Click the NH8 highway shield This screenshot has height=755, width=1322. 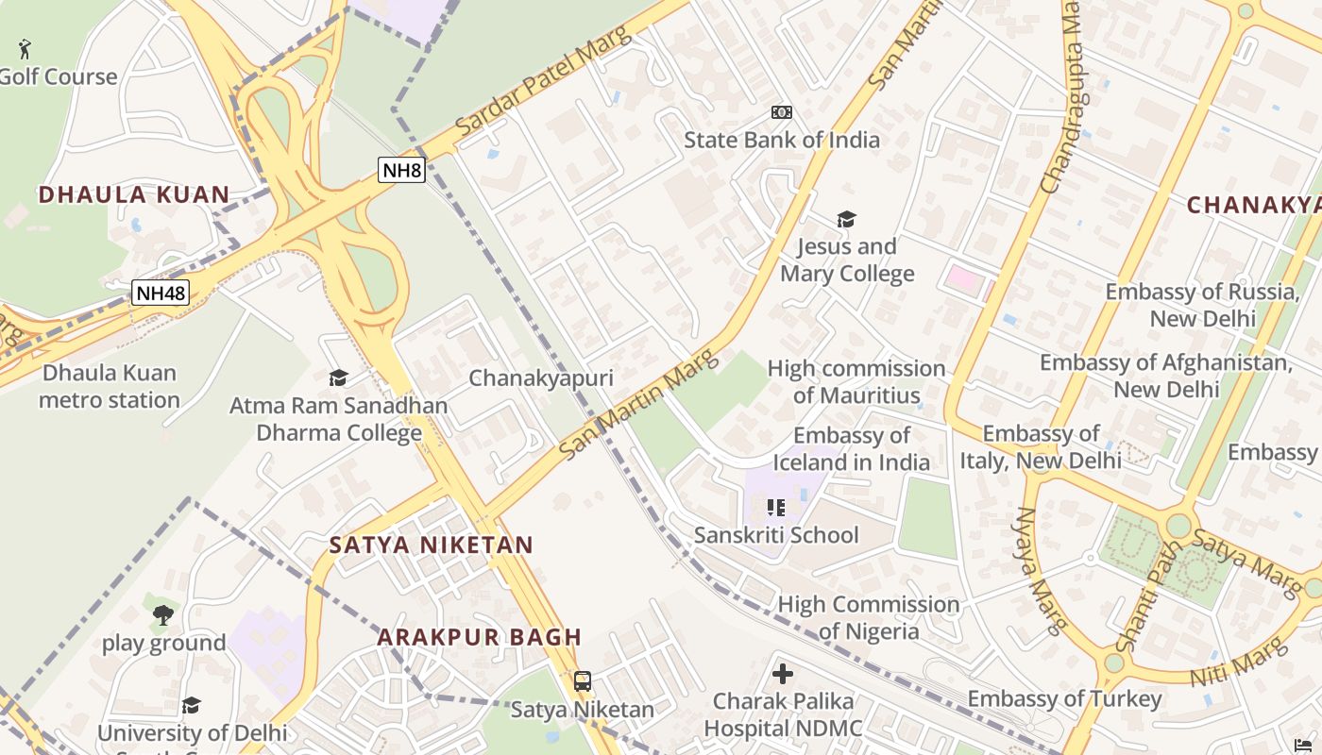click(401, 170)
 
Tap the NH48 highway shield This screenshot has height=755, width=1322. click(160, 293)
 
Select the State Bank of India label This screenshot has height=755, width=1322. click(781, 140)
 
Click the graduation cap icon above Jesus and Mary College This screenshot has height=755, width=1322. click(846, 220)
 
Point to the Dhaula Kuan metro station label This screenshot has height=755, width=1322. click(109, 386)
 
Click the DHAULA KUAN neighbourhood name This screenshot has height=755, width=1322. click(134, 195)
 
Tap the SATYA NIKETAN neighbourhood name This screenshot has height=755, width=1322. click(432, 545)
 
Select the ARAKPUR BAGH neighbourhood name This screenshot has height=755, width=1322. click(480, 637)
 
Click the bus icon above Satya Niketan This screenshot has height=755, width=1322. click(583, 680)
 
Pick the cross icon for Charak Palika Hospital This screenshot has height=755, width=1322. click(783, 674)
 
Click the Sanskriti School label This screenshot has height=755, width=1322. click(776, 535)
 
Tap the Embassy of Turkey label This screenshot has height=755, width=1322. click(1064, 698)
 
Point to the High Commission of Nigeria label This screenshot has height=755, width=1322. click(869, 617)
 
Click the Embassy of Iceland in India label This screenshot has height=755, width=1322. click(852, 448)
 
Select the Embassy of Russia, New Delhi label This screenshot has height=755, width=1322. click(1202, 305)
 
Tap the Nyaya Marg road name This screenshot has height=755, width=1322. click(1039, 570)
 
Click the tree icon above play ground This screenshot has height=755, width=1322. click(163, 615)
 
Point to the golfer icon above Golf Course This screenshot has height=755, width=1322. click(25, 48)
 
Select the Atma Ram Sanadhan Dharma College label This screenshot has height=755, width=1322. click(339, 419)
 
